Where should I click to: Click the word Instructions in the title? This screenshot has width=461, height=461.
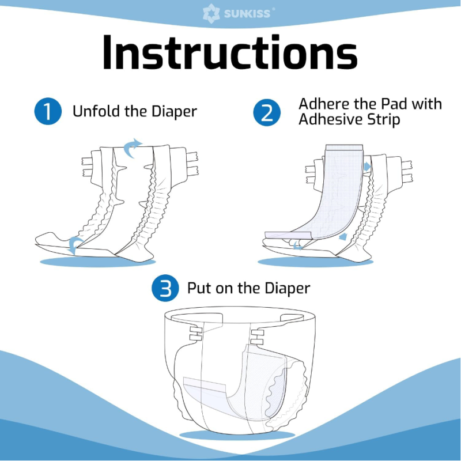[229, 52]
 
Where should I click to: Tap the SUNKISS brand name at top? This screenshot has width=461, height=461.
[247, 14]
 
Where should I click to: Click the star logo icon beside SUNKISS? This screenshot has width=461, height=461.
[211, 13]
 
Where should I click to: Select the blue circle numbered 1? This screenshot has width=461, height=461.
[48, 111]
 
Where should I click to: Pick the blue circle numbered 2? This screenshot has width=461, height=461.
[267, 112]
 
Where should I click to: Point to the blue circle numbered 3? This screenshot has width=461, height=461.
[165, 288]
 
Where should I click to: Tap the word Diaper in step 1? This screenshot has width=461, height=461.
[174, 112]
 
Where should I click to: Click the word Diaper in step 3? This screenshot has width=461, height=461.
[287, 289]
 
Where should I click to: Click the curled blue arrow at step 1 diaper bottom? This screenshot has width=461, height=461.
[75, 245]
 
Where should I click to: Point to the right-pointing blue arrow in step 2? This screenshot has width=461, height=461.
[367, 167]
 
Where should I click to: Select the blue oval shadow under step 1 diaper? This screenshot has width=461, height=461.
[97, 262]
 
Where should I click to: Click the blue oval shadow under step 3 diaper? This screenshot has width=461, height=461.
[237, 435]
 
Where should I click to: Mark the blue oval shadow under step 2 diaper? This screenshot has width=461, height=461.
[316, 262]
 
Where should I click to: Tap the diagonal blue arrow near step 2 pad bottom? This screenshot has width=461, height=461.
[343, 236]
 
